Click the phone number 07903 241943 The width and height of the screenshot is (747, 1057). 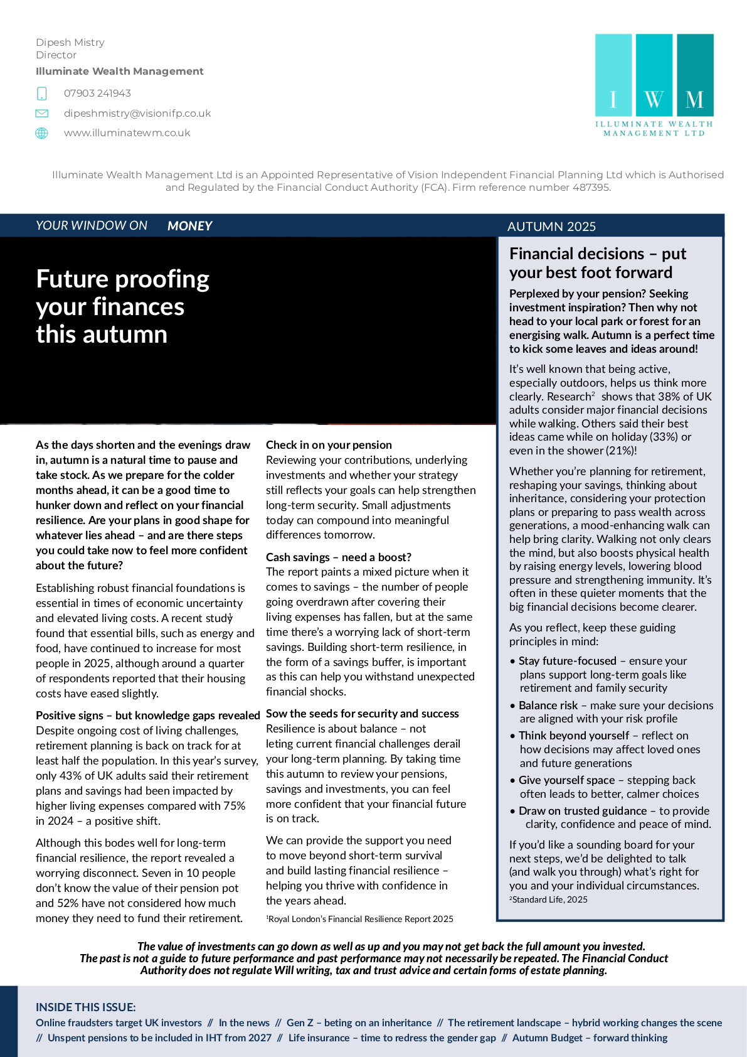click(97, 94)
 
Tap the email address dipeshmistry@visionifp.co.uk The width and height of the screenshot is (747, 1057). click(137, 114)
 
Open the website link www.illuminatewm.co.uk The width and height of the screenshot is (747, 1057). click(127, 133)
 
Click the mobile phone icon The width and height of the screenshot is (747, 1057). click(42, 94)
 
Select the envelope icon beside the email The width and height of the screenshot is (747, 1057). click(42, 114)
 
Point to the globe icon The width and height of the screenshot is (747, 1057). click(42, 133)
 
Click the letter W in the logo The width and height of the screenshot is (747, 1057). click(654, 99)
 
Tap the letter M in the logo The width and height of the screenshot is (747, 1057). click(694, 99)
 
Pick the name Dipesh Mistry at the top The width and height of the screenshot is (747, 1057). click(70, 43)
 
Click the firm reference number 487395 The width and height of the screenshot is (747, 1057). click(590, 188)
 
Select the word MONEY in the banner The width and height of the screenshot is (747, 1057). click(189, 226)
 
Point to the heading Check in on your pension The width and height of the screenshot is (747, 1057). click(329, 445)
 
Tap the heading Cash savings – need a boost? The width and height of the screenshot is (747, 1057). click(339, 557)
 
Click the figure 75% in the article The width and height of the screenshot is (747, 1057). click(233, 806)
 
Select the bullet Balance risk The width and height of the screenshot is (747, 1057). click(548, 706)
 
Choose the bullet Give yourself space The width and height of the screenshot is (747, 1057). click(566, 780)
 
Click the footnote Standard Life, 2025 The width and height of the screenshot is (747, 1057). click(550, 900)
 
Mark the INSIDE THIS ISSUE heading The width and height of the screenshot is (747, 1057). click(86, 1007)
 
